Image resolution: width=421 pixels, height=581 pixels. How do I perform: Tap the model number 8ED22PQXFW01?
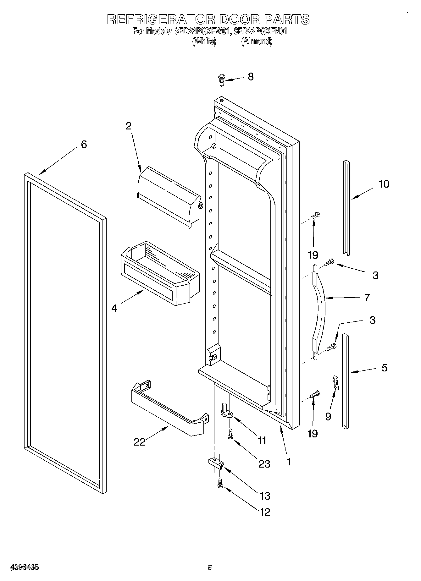pyautogui.click(x=199, y=31)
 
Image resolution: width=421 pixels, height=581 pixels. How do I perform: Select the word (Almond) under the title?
pyautogui.click(x=256, y=41)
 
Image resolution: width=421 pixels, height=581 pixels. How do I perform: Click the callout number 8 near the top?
pyautogui.click(x=251, y=77)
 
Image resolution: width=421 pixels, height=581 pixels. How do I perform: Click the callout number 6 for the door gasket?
pyautogui.click(x=84, y=145)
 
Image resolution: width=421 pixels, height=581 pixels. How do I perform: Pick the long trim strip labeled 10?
pyautogui.click(x=346, y=207)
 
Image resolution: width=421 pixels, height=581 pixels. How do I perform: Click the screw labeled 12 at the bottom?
pyautogui.click(x=220, y=483)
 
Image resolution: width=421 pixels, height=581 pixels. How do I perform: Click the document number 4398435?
pyautogui.click(x=25, y=567)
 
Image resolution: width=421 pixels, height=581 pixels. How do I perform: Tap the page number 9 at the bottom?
pyautogui.click(x=210, y=567)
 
